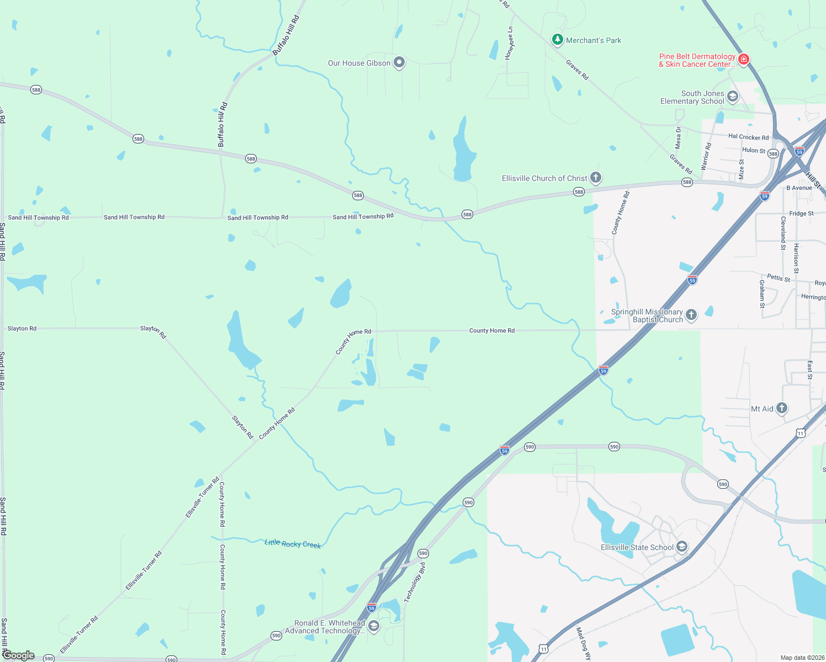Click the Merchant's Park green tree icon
(x=558, y=40)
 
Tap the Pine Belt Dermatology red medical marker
(x=744, y=59)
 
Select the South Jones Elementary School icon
(x=733, y=97)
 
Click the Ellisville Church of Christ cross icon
(x=595, y=178)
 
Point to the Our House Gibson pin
(x=399, y=62)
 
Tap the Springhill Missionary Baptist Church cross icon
(x=691, y=315)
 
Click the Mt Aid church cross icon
(x=781, y=408)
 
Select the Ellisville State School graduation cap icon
(x=682, y=547)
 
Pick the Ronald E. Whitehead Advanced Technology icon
(x=374, y=626)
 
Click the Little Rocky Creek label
(x=293, y=543)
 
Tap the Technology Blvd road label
(x=415, y=583)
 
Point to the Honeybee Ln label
(x=509, y=42)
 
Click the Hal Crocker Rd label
(x=748, y=137)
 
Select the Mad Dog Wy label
(x=583, y=643)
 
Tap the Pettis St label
(x=778, y=277)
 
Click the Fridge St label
(x=801, y=213)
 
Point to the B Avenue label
(x=799, y=188)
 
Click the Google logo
(x=19, y=655)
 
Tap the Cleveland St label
(x=783, y=233)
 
